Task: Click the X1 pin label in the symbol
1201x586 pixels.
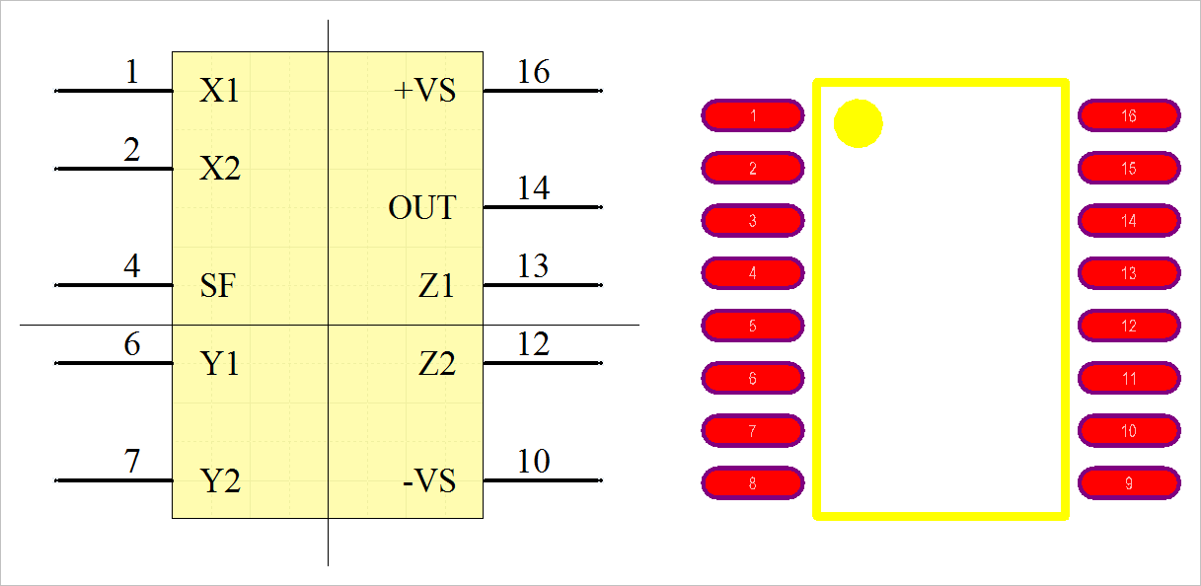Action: click(x=219, y=92)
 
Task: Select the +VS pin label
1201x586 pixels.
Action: click(x=425, y=92)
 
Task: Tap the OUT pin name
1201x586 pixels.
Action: click(x=422, y=208)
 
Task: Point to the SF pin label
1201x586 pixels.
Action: click(x=218, y=286)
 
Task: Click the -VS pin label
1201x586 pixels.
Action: click(x=429, y=481)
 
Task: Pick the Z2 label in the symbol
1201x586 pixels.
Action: click(x=437, y=364)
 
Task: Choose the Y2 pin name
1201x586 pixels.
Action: click(x=220, y=481)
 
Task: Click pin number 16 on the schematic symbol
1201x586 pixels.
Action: click(x=534, y=72)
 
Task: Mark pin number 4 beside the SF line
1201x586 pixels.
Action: click(x=132, y=266)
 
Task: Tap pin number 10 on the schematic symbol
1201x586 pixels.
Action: click(x=534, y=461)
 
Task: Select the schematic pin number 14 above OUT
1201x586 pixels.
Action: click(x=534, y=188)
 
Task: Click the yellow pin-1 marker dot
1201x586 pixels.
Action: click(x=859, y=123)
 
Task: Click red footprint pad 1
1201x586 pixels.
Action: click(x=753, y=115)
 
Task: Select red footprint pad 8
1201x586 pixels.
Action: click(x=753, y=483)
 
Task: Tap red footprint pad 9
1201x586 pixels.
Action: click(x=1129, y=483)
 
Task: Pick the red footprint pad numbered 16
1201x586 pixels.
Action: click(x=1129, y=115)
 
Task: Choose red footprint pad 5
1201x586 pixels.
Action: click(x=753, y=326)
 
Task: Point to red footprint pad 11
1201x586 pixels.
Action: click(x=1129, y=378)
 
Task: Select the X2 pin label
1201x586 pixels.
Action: click(x=219, y=170)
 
